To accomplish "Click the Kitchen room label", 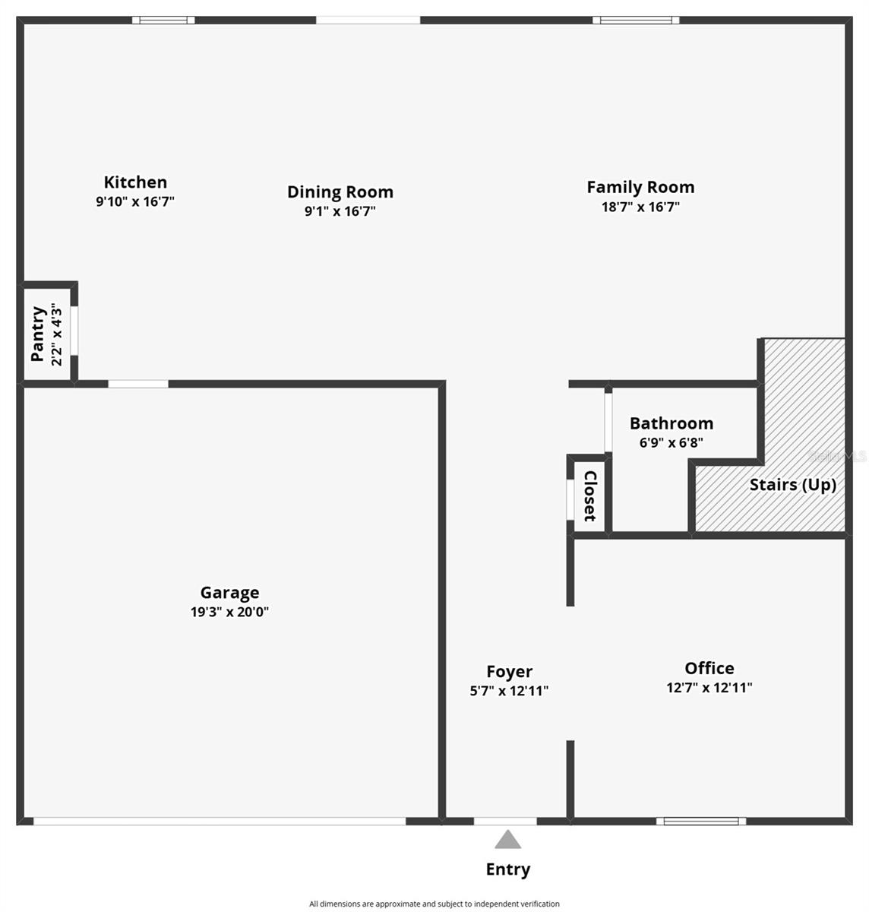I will [135, 182].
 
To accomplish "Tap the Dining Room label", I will [340, 192].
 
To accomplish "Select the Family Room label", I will [640, 187].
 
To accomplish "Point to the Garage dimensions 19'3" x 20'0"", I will [229, 613].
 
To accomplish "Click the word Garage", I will [229, 593].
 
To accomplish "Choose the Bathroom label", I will [671, 423].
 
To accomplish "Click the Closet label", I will [590, 496].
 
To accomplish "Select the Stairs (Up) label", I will [792, 485].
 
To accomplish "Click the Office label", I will [709, 668].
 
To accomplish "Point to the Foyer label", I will [509, 672].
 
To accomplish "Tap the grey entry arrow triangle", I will [507, 840].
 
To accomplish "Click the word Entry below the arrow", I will [507, 869].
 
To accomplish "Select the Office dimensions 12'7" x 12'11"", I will [709, 689].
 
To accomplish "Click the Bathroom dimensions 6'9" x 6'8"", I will [671, 443].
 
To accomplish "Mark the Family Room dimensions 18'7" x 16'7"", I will [640, 207].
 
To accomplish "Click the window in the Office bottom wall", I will [701, 821].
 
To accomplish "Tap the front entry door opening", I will [505, 821].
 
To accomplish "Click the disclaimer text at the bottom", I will [434, 904].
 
